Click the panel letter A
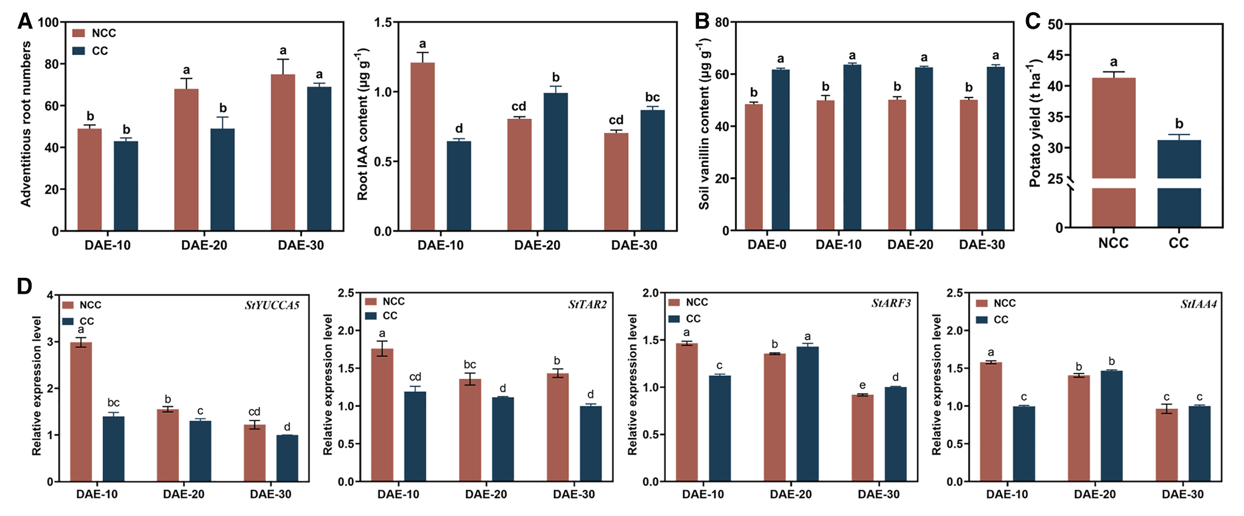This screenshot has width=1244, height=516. pyautogui.click(x=25, y=22)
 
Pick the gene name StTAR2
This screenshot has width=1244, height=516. pyautogui.click(x=587, y=305)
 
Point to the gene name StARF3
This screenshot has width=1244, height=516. pyautogui.click(x=891, y=303)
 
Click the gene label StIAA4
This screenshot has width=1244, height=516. pyautogui.click(x=1198, y=304)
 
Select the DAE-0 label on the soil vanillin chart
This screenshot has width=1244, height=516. pyautogui.click(x=767, y=245)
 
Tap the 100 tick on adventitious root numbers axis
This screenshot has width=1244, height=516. pyautogui.click(x=48, y=23)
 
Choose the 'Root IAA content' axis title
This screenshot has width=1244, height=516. pyautogui.click(x=363, y=125)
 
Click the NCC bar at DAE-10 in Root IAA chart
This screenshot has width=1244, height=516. pyautogui.click(x=423, y=146)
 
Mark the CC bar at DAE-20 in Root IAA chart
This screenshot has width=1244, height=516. pyautogui.click(x=555, y=161)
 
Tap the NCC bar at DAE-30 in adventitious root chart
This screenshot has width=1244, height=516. pyautogui.click(x=283, y=152)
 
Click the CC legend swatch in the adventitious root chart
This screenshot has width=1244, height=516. pyautogui.click(x=79, y=51)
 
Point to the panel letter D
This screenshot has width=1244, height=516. pyautogui.click(x=24, y=286)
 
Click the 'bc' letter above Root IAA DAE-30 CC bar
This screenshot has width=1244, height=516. pyautogui.click(x=652, y=97)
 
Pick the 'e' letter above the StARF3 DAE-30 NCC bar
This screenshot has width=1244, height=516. pyautogui.click(x=862, y=386)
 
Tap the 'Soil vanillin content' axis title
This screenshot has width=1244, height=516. pyautogui.click(x=705, y=125)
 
